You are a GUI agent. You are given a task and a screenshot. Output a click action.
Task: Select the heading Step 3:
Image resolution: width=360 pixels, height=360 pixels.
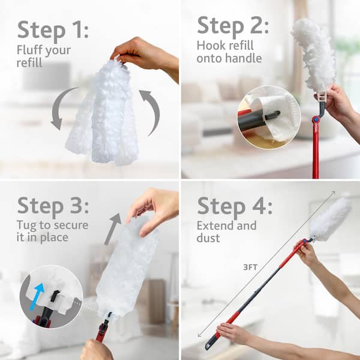pyautogui.click(x=53, y=206)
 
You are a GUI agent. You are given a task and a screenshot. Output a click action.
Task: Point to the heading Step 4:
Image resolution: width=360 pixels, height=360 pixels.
pyautogui.click(x=234, y=206)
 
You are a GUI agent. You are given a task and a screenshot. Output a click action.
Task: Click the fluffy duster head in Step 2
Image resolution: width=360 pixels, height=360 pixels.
pyautogui.click(x=315, y=50)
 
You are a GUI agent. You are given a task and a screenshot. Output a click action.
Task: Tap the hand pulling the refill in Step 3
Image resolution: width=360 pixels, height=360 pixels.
pyautogui.click(x=152, y=208)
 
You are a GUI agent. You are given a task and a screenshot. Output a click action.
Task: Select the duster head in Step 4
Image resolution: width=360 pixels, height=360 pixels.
pyautogui.click(x=330, y=220)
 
